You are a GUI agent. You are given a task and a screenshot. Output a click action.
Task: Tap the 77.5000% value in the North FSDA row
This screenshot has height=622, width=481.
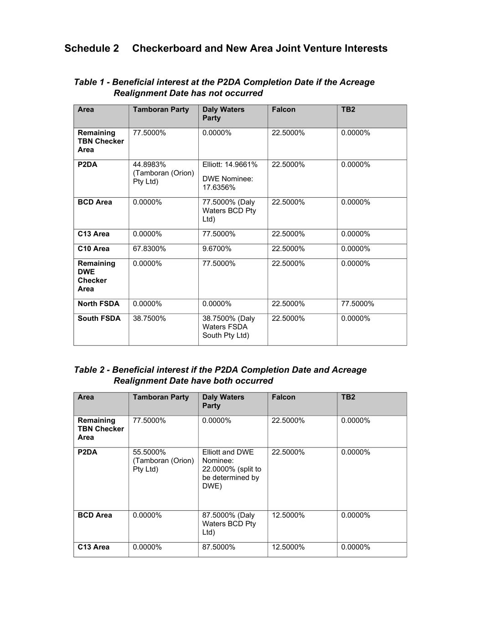(x=357, y=304)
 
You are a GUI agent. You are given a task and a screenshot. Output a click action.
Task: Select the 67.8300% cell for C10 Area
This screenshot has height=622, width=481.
(x=149, y=249)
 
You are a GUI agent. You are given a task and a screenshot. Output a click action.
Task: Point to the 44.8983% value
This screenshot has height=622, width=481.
(x=149, y=164)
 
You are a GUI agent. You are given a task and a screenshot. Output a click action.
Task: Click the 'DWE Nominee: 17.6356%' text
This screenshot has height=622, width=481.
(x=228, y=183)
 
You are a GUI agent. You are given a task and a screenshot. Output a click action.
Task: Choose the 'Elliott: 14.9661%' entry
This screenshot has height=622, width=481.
(x=230, y=164)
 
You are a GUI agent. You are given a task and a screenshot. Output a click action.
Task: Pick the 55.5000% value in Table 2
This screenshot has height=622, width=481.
(x=149, y=452)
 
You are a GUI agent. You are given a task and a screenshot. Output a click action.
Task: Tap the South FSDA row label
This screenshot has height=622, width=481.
(x=99, y=319)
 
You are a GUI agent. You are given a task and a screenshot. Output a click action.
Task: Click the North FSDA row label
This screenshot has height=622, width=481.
(x=98, y=304)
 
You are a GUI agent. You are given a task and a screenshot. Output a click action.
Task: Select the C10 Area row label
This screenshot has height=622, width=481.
(x=93, y=249)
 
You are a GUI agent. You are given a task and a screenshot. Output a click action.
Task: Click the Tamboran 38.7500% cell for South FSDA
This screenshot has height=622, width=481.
(x=149, y=319)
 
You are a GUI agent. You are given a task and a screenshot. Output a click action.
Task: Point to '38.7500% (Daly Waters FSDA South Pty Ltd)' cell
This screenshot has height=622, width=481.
(x=228, y=327)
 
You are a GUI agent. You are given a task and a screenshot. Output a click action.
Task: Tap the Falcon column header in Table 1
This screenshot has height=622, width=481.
(x=284, y=110)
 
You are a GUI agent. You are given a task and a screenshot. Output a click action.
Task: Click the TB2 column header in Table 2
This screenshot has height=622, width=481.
(x=348, y=397)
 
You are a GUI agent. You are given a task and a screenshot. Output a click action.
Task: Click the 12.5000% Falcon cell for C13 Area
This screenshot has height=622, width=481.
(x=288, y=547)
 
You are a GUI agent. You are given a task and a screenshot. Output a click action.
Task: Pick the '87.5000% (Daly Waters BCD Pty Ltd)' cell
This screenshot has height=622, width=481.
(x=229, y=524)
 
